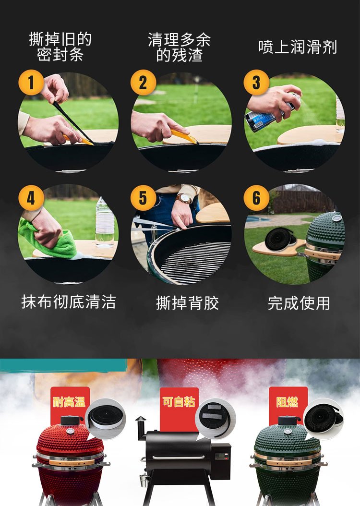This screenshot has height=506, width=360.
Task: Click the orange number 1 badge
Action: tap(31, 83)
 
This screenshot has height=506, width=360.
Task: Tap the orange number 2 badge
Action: tap(143, 83)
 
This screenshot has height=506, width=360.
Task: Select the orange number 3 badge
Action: tap(256, 83)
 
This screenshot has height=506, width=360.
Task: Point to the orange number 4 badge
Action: tap(31, 198)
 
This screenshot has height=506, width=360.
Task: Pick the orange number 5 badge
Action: tap(143, 198)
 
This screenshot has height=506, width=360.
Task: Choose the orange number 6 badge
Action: tap(256, 198)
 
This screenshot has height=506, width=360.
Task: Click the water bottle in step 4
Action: tap(105, 222)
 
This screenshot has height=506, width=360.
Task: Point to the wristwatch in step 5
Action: tap(184, 198)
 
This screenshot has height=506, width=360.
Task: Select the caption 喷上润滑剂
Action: tap(298, 47)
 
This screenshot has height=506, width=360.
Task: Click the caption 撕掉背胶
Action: tap(187, 303)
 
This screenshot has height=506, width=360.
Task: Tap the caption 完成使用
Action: tap(299, 303)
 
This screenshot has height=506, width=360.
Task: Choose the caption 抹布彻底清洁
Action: tap(68, 302)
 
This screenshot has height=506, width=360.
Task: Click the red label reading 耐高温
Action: tap(69, 402)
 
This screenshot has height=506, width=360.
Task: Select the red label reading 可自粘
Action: tap(179, 402)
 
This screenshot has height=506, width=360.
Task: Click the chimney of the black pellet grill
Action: tap(141, 428)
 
